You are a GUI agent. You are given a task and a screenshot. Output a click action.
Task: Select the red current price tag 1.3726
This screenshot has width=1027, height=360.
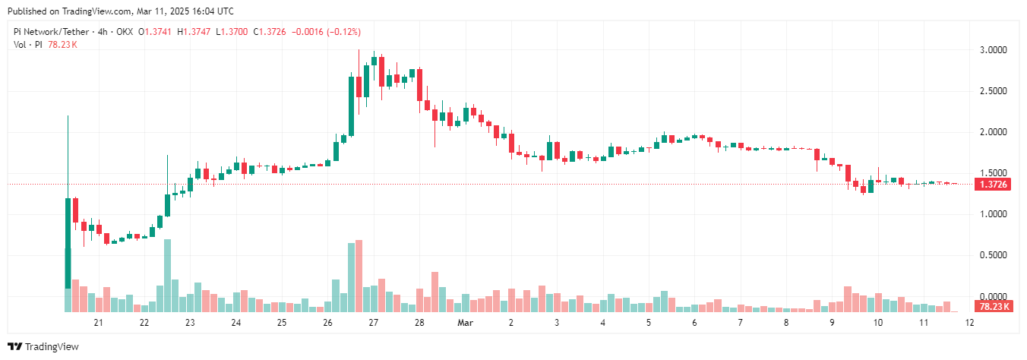click(x=992, y=185)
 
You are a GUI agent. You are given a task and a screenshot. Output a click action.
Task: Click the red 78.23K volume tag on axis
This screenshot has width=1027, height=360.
click(x=992, y=306)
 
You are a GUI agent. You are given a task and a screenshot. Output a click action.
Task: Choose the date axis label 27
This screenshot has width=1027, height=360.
click(x=373, y=323)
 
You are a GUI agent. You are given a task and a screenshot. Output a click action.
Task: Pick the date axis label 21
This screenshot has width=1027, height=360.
click(x=98, y=323)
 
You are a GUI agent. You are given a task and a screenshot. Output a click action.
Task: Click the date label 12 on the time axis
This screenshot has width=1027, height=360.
click(x=969, y=323)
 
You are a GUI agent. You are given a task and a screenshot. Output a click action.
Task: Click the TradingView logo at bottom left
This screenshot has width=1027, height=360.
click(x=47, y=346)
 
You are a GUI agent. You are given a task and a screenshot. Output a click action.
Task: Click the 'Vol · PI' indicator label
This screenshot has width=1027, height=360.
click(x=29, y=45)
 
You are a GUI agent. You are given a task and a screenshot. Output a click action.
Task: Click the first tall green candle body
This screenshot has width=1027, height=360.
click(x=68, y=243)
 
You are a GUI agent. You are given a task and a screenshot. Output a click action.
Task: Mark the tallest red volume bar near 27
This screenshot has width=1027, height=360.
click(x=359, y=276)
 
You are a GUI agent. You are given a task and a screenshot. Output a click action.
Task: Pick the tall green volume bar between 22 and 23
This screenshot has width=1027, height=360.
click(x=167, y=275)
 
